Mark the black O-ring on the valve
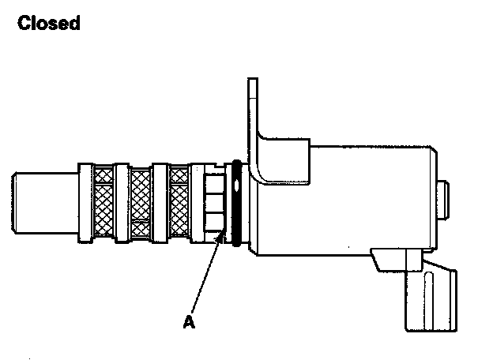point(235,204)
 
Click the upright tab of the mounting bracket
point(254,111)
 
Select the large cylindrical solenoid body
point(348,197)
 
